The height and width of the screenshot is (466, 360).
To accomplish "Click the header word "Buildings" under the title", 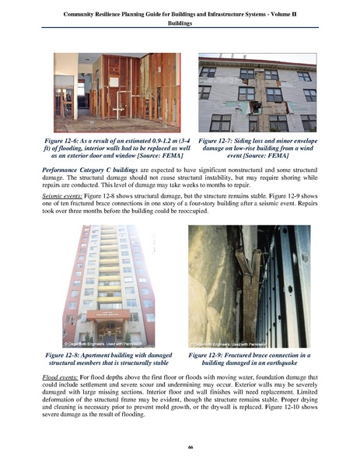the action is [180, 23].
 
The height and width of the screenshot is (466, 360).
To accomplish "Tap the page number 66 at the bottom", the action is [180, 447].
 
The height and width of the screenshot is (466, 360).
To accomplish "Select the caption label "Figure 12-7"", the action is [218, 140].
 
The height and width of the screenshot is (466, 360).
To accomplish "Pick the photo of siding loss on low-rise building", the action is [257, 92].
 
